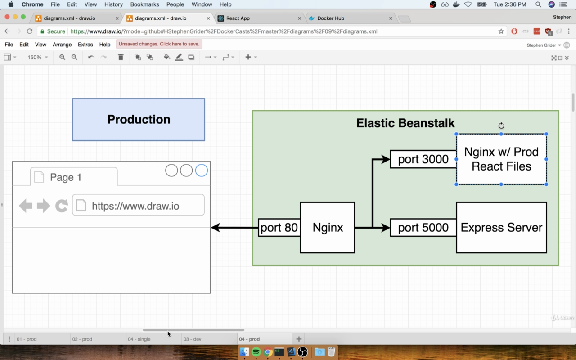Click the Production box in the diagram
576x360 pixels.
click(139, 120)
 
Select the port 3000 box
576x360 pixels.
click(423, 159)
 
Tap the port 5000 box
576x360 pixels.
click(423, 228)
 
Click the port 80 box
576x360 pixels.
click(279, 228)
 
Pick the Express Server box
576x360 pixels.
click(501, 228)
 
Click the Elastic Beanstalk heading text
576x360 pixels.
click(405, 123)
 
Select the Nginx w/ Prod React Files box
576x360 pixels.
click(501, 159)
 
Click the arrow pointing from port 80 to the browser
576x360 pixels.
click(234, 228)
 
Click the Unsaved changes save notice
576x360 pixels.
click(159, 44)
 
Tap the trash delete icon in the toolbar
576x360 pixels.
click(121, 57)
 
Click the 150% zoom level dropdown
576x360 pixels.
click(37, 57)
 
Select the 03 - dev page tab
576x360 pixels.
click(209, 339)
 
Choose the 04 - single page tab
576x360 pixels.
click(154, 339)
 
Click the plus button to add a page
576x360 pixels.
click(299, 339)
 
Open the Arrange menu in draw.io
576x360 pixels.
click(62, 45)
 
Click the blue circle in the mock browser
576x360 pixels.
click(201, 171)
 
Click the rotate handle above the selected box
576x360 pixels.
click(501, 126)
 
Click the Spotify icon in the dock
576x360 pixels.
click(256, 352)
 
